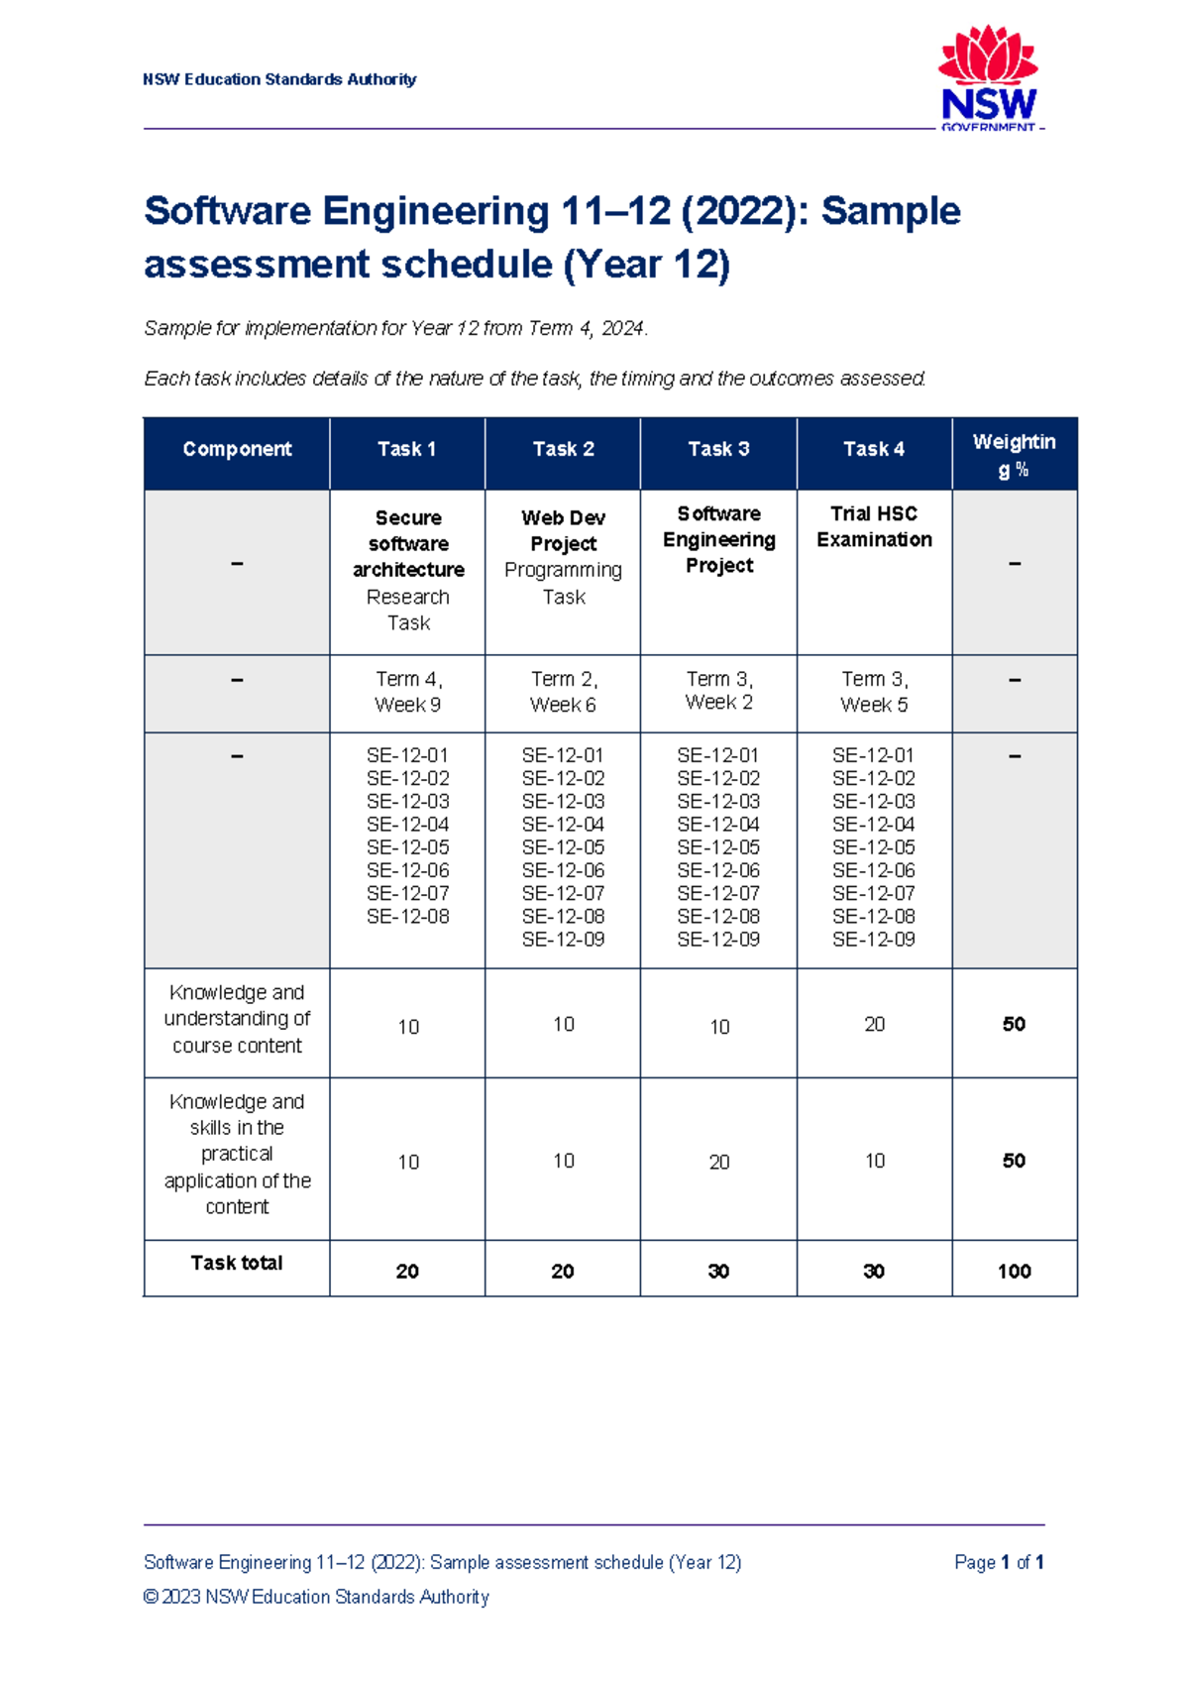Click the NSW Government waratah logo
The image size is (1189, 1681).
pyautogui.click(x=988, y=79)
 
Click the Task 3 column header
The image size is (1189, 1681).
pyautogui.click(x=718, y=449)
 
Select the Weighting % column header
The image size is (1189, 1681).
pyautogui.click(x=1014, y=455)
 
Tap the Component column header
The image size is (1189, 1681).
pyautogui.click(x=237, y=449)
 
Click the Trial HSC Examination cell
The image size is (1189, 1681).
pyautogui.click(x=874, y=526)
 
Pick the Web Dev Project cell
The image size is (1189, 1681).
pyautogui.click(x=563, y=531)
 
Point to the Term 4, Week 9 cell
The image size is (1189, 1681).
pyautogui.click(x=408, y=692)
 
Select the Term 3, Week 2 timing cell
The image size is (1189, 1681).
pyautogui.click(x=719, y=691)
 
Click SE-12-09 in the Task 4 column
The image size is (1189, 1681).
pyautogui.click(x=874, y=940)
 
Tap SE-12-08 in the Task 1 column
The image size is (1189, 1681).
pyautogui.click(x=408, y=917)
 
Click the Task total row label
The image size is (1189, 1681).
pyautogui.click(x=237, y=1263)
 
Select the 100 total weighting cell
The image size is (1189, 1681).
pyautogui.click(x=1014, y=1271)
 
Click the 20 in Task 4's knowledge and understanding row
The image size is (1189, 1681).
pyautogui.click(x=874, y=1024)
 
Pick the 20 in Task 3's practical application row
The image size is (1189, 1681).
pyautogui.click(x=719, y=1162)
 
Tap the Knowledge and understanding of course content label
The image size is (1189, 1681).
pyautogui.click(x=237, y=1019)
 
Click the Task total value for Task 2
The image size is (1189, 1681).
pyautogui.click(x=563, y=1271)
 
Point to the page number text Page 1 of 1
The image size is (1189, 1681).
pyautogui.click(x=998, y=1562)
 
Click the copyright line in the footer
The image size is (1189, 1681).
pyautogui.click(x=316, y=1597)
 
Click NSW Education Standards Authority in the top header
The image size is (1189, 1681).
pyautogui.click(x=279, y=79)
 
